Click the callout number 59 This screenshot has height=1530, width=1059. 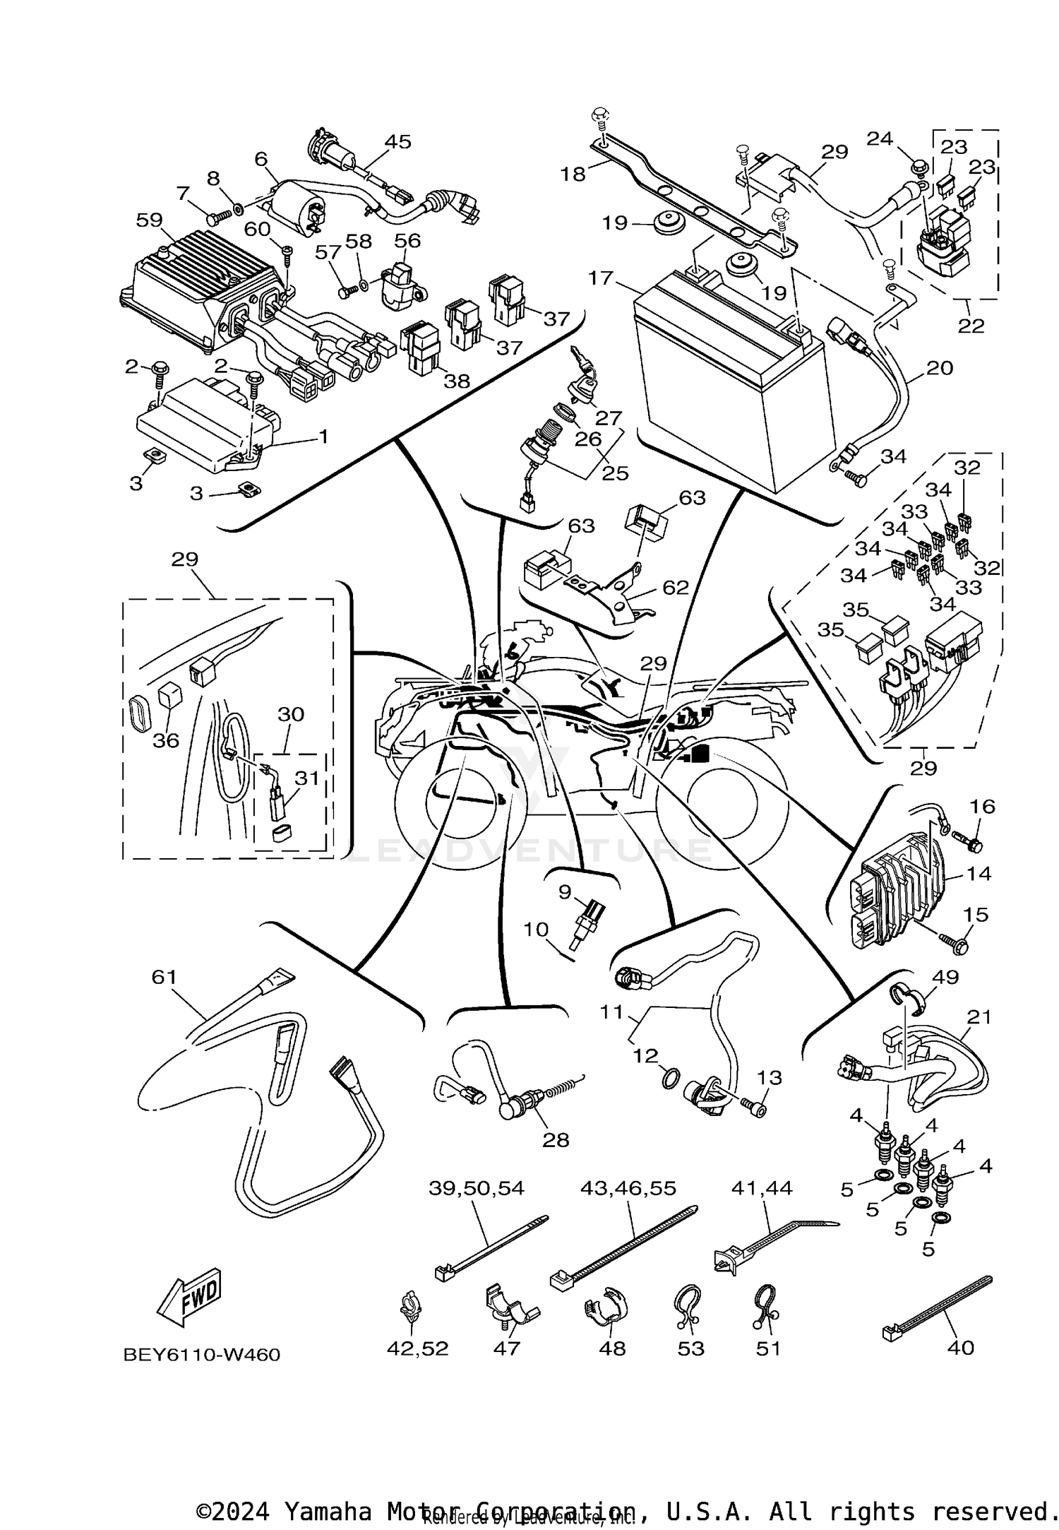pos(149,220)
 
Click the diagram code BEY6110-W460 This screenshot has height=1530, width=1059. pos(202,1354)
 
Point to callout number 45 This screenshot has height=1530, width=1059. pos(397,141)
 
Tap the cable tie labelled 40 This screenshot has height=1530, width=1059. pos(939,1306)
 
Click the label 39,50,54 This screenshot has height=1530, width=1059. pos(477,1188)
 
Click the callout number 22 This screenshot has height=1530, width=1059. pos(971,326)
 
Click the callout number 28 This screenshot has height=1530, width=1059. pos(555,1139)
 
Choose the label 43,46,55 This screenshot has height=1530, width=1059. pos(628,1188)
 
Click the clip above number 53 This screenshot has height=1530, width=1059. pos(688,1304)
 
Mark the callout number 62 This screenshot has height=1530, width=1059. pos(675,587)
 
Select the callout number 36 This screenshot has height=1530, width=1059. pos(167,740)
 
